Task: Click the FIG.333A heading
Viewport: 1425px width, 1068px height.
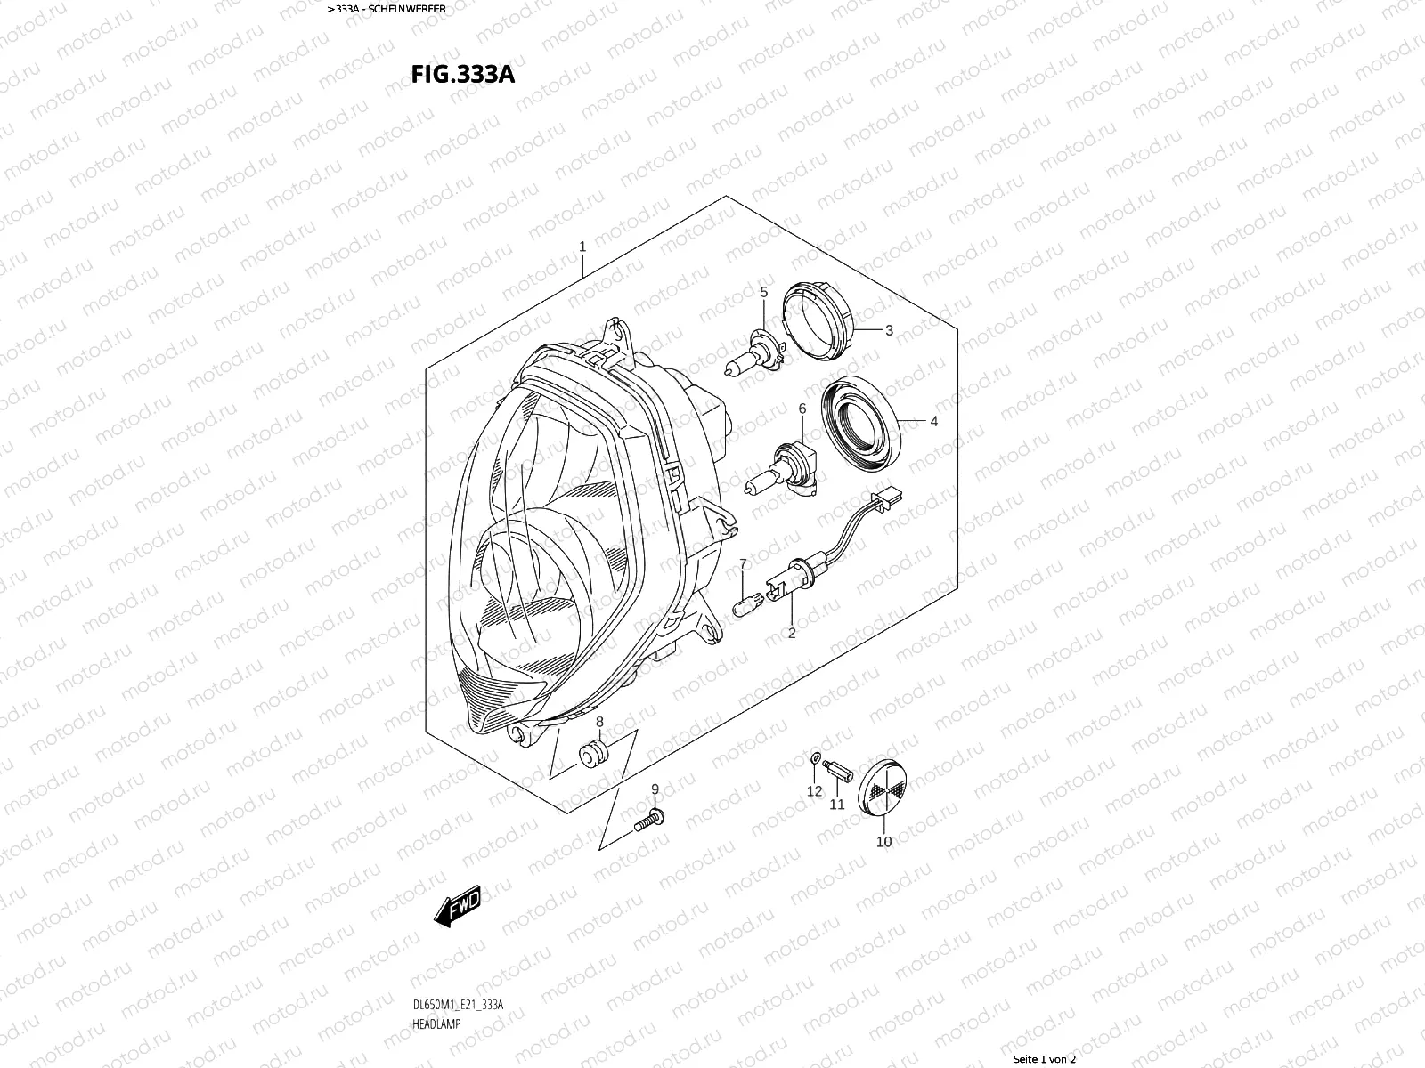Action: pyautogui.click(x=463, y=75)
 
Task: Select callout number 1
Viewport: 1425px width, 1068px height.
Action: pyautogui.click(x=582, y=247)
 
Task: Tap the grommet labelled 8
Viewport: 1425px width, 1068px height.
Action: pyautogui.click(x=593, y=754)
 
